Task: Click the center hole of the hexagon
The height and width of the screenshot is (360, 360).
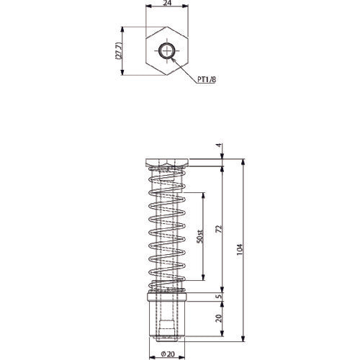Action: click(166, 50)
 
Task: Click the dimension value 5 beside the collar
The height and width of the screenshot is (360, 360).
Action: click(220, 296)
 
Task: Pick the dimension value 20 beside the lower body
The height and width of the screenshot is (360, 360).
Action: click(220, 316)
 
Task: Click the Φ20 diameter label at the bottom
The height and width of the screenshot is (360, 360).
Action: click(166, 353)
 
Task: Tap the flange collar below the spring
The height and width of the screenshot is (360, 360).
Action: click(166, 296)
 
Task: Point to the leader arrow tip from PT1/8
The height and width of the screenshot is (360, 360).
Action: click(173, 58)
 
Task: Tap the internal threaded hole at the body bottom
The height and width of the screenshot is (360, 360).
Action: click(166, 328)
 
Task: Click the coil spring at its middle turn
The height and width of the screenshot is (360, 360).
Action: click(166, 230)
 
